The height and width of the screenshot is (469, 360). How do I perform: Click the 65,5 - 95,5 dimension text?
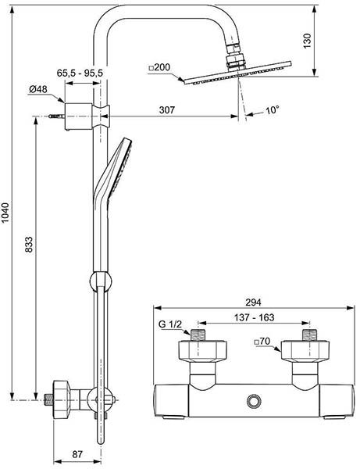tap(80, 73)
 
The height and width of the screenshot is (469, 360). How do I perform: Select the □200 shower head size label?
tap(161, 69)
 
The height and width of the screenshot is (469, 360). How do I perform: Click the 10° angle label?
tap(271, 111)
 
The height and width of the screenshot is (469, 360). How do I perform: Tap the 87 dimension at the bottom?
tap(77, 454)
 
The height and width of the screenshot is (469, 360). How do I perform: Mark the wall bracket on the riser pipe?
tap(80, 114)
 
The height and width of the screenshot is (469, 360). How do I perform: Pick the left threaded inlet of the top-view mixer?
tap(199, 338)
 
